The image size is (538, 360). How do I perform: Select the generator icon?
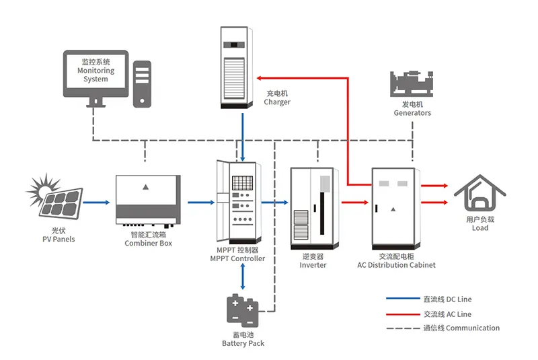pos(412,83)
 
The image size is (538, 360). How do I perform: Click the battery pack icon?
pos(242,310)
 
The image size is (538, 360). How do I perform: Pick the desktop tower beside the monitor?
pos(142,83)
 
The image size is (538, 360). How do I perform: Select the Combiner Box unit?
pos(148,200)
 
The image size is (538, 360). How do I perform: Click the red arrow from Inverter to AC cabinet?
pos(354,201)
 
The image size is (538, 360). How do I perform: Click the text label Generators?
pos(412,113)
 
